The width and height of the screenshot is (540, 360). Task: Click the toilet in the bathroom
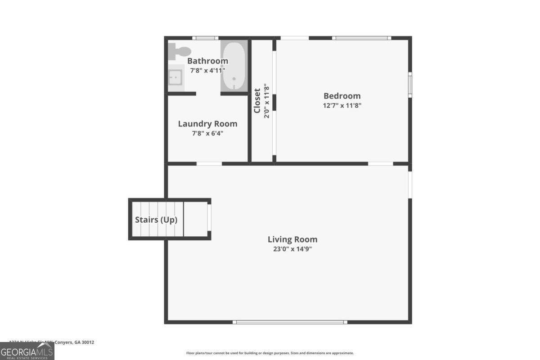tap(179, 51)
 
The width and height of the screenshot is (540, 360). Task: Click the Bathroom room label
tap(207, 61)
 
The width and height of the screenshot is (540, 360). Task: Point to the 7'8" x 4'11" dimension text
tap(207, 71)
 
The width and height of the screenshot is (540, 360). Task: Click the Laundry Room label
tap(207, 124)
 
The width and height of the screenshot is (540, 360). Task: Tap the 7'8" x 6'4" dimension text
tap(207, 133)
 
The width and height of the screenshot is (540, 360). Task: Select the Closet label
tap(257, 101)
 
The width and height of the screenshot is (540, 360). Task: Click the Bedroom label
tap(342, 96)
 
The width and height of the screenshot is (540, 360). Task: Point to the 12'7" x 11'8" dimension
tap(342, 106)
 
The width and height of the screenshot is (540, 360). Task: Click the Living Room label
tap(292, 239)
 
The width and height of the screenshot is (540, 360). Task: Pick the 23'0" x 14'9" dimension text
tap(292, 249)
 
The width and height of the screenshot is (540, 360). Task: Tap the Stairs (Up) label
tap(156, 220)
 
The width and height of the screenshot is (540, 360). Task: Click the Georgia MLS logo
tap(27, 351)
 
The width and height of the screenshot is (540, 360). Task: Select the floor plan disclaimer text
tap(270, 353)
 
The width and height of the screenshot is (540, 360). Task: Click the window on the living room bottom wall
tap(290, 322)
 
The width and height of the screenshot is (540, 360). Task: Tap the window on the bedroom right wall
tap(410, 85)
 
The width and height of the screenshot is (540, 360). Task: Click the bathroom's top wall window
tap(205, 38)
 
